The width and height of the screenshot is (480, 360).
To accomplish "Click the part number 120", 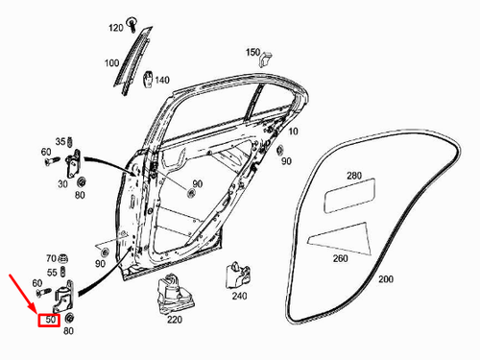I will tap(115, 27).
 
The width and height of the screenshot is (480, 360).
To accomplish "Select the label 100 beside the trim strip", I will tap(111, 63).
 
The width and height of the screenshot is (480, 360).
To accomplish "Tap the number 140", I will tap(162, 80).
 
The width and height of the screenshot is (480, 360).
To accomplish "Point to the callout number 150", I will tap(252, 51).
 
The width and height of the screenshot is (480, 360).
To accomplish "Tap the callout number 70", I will tap(51, 258).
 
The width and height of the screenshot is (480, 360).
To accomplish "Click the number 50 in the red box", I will tap(49, 319).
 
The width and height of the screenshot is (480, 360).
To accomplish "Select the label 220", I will tap(176, 319).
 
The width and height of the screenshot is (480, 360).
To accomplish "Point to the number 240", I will tap(239, 297).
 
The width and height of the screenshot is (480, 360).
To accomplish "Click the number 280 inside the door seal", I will tap(354, 177).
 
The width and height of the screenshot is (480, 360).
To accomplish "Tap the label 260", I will tap(341, 258).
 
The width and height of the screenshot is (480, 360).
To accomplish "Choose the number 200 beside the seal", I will tap(386, 279).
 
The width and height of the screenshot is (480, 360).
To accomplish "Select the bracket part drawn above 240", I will tap(236, 274).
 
